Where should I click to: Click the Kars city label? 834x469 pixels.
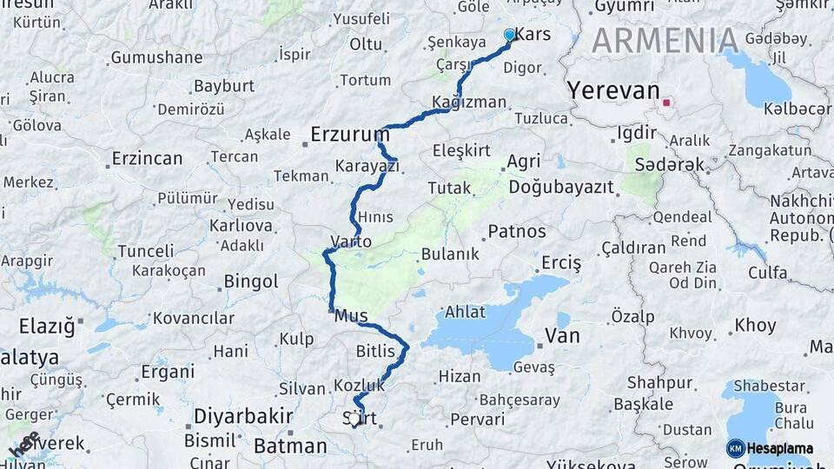pyautogui.click(x=533, y=35)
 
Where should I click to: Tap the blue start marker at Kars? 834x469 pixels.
pyautogui.click(x=510, y=35)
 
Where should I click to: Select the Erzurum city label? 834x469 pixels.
pyautogui.click(x=350, y=135)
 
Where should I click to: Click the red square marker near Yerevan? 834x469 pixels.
pyautogui.click(x=666, y=102)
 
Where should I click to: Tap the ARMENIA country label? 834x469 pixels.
pyautogui.click(x=665, y=41)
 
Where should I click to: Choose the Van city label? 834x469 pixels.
pyautogui.click(x=561, y=335)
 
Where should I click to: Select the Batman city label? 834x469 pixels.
pyautogui.click(x=290, y=446)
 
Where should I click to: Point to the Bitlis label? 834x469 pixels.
pyautogui.click(x=375, y=351)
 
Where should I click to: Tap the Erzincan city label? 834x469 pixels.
pyautogui.click(x=147, y=159)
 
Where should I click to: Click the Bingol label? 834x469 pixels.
pyautogui.click(x=251, y=281)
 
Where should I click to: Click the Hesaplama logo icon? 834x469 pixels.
pyautogui.click(x=736, y=448)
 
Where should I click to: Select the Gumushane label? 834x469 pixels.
pyautogui.click(x=156, y=58)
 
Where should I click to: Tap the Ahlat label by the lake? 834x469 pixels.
pyautogui.click(x=465, y=312)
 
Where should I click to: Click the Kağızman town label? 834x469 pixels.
pyautogui.click(x=469, y=102)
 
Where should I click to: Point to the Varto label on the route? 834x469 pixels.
pyautogui.click(x=351, y=241)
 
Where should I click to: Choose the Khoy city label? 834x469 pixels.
pyautogui.click(x=755, y=326)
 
